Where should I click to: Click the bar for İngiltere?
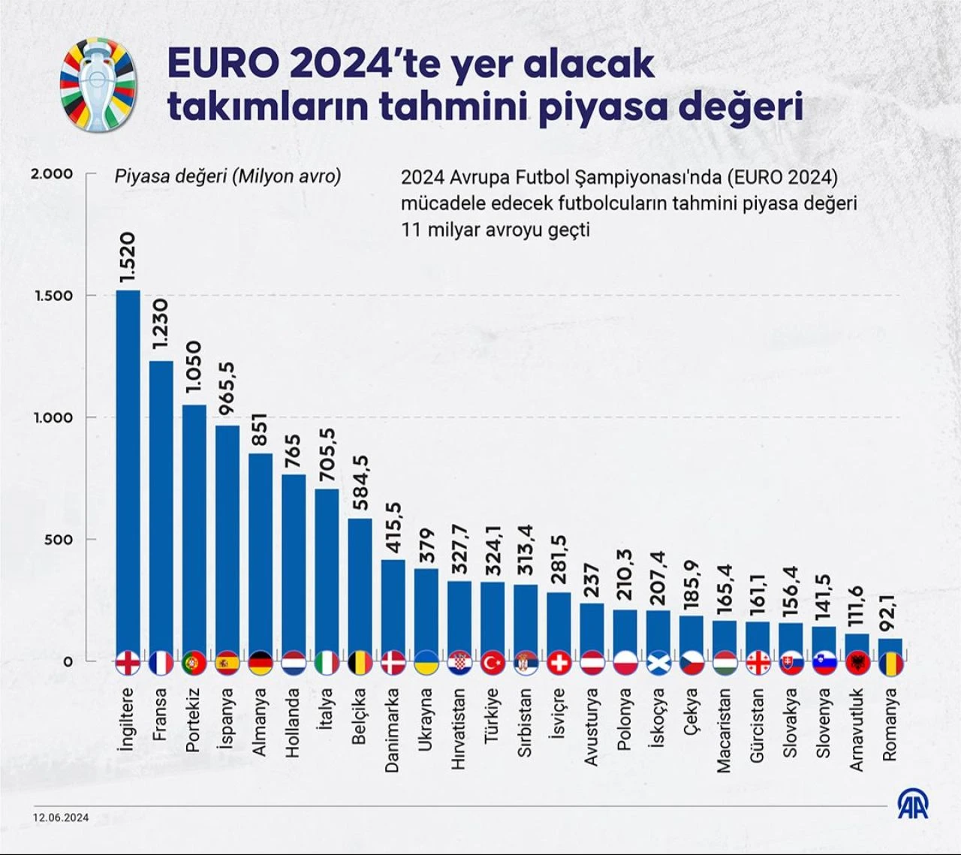pyautogui.click(x=128, y=473)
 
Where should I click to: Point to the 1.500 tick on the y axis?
pyautogui.click(x=54, y=296)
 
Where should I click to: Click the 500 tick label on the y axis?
pyautogui.click(x=59, y=540)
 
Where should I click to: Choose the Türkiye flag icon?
pyautogui.click(x=493, y=663)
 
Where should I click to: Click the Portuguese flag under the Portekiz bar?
pyautogui.click(x=194, y=663)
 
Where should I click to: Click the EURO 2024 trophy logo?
pyautogui.click(x=98, y=85)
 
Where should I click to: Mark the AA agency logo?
pyautogui.click(x=913, y=804)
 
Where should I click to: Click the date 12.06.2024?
pyautogui.click(x=60, y=817)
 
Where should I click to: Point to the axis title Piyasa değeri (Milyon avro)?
pyautogui.click(x=227, y=176)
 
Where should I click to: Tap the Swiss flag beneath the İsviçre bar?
pyautogui.click(x=559, y=663)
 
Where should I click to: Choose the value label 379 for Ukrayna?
pyautogui.click(x=426, y=546)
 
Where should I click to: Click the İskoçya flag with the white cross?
pyautogui.click(x=658, y=663)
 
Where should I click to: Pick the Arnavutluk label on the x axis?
pyautogui.click(x=857, y=730)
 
